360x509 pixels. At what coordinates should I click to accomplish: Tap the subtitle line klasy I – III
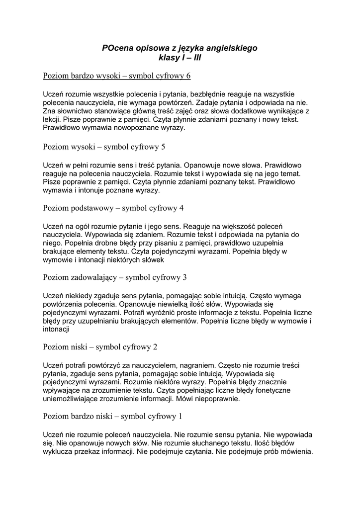(180, 58)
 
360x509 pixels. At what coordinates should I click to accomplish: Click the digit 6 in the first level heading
(188, 76)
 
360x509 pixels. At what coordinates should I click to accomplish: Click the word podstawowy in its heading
(94, 208)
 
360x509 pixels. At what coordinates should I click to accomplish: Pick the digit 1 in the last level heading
(180, 416)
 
